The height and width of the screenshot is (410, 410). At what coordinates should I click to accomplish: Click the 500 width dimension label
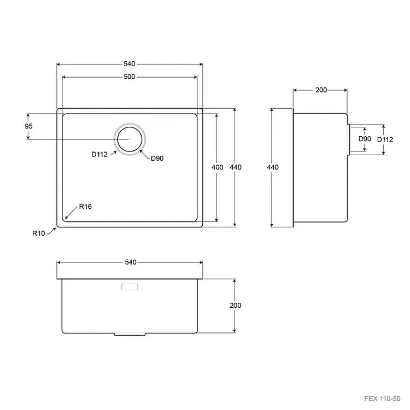(129, 77)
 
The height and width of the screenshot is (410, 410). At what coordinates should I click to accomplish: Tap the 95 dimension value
(28, 126)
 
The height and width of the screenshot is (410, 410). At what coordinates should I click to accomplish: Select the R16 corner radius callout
(85, 207)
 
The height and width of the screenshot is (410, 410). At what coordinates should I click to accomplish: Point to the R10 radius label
(39, 233)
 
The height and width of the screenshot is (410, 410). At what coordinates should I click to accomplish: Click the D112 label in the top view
(99, 154)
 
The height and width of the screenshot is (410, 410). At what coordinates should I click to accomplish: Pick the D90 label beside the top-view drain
(157, 158)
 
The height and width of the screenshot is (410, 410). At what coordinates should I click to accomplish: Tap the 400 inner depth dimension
(217, 167)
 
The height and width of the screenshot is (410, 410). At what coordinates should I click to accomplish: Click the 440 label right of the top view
(236, 167)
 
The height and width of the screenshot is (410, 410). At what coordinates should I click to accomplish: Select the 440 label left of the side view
(272, 167)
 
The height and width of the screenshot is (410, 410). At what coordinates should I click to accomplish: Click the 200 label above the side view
(321, 90)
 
